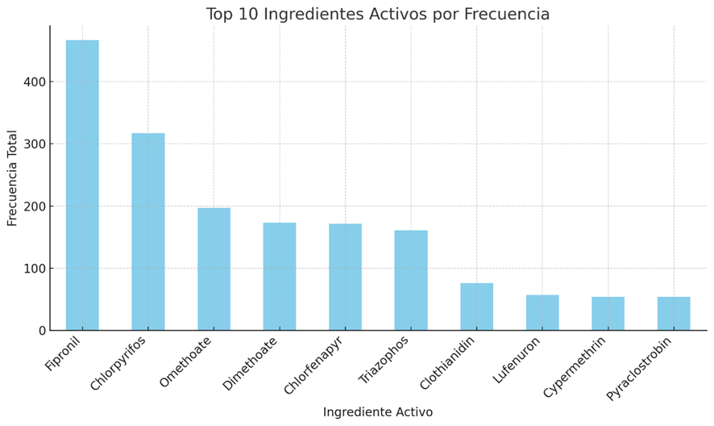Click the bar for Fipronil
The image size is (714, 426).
coord(82,186)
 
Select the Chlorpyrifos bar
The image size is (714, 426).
coord(148,232)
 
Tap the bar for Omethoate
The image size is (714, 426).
coord(214,269)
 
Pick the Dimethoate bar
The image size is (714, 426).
coord(280,277)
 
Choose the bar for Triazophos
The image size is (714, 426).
coord(411,281)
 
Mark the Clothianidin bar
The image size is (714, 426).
coord(476,307)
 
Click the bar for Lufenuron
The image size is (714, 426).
coord(542,313)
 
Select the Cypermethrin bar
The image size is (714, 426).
coord(608,314)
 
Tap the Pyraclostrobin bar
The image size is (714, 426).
coord(674,314)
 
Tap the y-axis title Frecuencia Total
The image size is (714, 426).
coord(13,177)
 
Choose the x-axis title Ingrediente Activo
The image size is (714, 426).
coord(377,412)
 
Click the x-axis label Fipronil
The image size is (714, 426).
coord(64,353)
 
